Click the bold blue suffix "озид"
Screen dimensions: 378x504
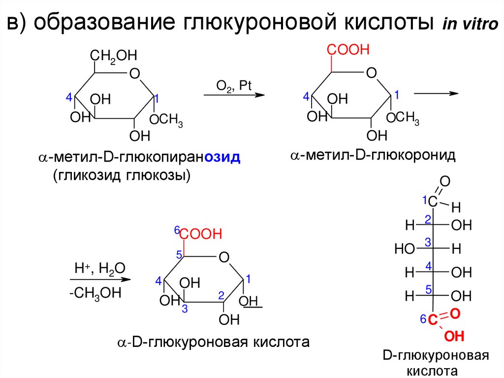222,158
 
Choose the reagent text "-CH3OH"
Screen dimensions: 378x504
95,293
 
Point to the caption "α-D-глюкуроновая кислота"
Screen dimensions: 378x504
213,342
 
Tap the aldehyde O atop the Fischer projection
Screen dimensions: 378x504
444,182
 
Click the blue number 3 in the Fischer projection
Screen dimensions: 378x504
428,242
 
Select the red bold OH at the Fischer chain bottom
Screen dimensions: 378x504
454,337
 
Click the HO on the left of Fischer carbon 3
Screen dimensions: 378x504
404,249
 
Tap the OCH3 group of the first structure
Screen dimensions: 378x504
166,120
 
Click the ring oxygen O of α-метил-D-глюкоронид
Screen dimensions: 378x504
372,73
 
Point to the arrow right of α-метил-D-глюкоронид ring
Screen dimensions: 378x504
436,93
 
